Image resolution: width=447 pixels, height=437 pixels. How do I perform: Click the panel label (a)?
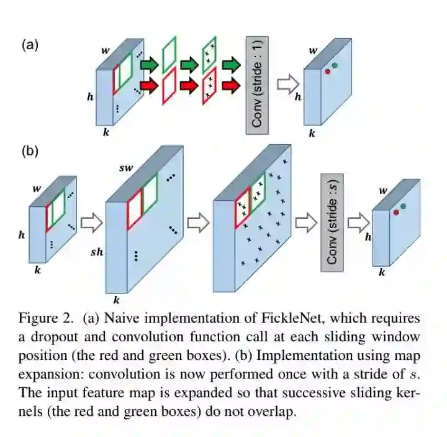point(30,45)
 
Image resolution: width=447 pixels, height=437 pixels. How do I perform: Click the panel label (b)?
point(30,151)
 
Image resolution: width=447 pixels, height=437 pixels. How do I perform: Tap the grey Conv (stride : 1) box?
point(257,83)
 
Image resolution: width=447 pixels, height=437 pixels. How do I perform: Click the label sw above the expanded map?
point(126,168)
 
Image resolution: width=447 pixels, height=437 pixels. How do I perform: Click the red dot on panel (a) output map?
point(327,71)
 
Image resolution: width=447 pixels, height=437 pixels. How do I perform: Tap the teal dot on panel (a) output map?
point(335,65)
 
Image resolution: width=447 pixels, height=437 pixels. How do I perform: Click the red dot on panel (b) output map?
point(395,213)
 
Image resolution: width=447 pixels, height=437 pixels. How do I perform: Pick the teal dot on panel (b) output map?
point(404,206)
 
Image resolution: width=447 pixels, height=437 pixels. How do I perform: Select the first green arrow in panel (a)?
point(149,64)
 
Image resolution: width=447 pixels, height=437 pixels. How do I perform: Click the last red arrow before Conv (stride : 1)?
point(230,86)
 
